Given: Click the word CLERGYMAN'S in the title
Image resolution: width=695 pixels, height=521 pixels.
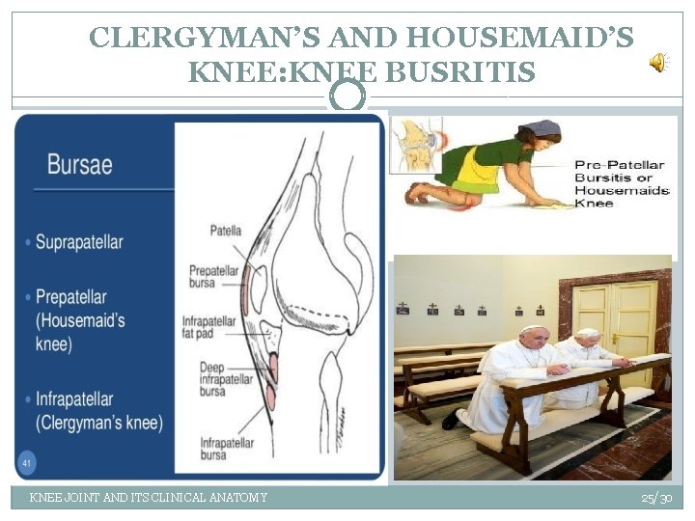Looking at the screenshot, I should click(205, 39).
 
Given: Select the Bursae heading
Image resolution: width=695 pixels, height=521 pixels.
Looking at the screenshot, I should click(79, 164).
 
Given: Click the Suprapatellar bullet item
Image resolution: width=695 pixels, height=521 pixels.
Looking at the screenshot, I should click(79, 242).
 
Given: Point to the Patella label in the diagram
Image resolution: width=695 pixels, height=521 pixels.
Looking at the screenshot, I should click(225, 231).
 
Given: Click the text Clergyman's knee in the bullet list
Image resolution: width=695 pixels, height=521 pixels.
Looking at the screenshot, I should click(99, 423).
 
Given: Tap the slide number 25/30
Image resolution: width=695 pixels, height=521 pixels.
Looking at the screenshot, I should click(656, 498).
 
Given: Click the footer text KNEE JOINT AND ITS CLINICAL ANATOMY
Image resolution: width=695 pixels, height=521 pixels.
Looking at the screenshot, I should click(149, 498).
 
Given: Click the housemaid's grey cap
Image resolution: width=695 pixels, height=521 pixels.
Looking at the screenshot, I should click(542, 128).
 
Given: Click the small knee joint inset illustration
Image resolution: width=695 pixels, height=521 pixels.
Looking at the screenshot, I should click(416, 144).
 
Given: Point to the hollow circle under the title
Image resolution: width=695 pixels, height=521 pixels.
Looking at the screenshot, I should click(347, 95).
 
